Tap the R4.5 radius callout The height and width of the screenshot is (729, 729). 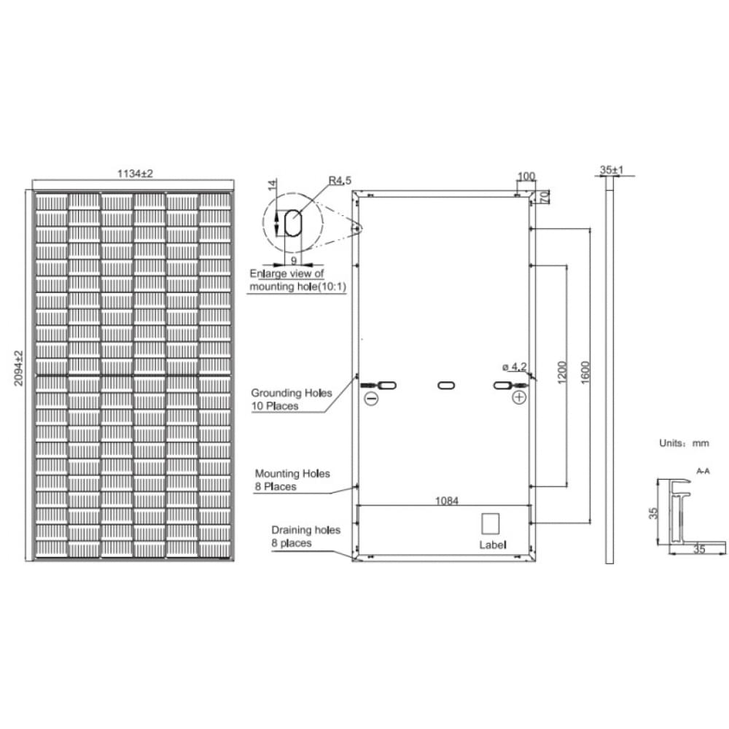pyautogui.click(x=340, y=179)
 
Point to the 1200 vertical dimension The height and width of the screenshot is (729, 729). pyautogui.click(x=560, y=375)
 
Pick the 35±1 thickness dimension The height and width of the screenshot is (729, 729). pyautogui.click(x=611, y=170)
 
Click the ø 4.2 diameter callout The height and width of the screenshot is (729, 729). pyautogui.click(x=513, y=365)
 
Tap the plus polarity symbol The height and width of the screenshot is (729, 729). pyautogui.click(x=518, y=397)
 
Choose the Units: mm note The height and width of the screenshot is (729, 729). pyautogui.click(x=682, y=443)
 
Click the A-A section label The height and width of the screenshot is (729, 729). pyautogui.click(x=703, y=472)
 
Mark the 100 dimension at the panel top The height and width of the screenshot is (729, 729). pyautogui.click(x=526, y=176)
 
